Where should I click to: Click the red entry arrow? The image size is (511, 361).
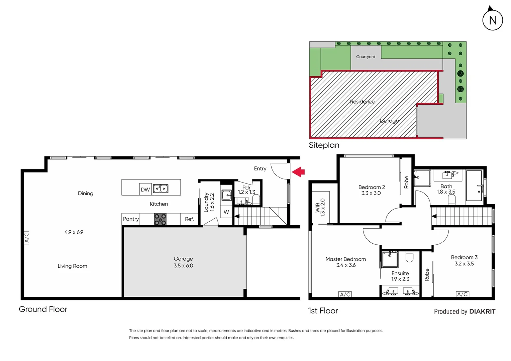pyautogui.click(x=298, y=172)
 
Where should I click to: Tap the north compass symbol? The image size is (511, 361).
pyautogui.click(x=492, y=20)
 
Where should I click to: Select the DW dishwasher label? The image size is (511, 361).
pyautogui.click(x=145, y=190)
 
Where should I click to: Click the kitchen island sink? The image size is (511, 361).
pyautogui.click(x=161, y=189)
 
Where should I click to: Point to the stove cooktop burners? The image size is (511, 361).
pyautogui.click(x=160, y=219)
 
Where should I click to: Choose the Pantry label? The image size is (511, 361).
pyautogui.click(x=131, y=219)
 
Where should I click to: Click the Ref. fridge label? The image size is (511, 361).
pyautogui.click(x=189, y=219)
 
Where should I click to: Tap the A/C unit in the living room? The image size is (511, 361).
pyautogui.click(x=26, y=237)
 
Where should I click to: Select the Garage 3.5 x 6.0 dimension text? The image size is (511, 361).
pyautogui.click(x=183, y=266)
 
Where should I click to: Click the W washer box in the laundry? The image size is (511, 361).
pyautogui.click(x=226, y=212)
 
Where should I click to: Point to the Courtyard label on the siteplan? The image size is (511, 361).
pyautogui.click(x=366, y=57)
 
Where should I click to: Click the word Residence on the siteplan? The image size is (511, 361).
pyautogui.click(x=363, y=102)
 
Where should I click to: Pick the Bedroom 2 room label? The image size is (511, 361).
pyautogui.click(x=371, y=187)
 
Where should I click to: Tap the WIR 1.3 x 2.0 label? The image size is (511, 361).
pyautogui.click(x=320, y=208)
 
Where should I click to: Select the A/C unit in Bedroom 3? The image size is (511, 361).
pyautogui.click(x=463, y=294)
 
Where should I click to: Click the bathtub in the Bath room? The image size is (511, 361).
pyautogui.click(x=474, y=186)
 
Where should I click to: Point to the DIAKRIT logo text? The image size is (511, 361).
pyautogui.click(x=482, y=312)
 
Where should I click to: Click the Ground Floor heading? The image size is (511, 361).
pyautogui.click(x=43, y=309)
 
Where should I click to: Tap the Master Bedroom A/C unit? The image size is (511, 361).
pyautogui.click(x=345, y=294)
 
